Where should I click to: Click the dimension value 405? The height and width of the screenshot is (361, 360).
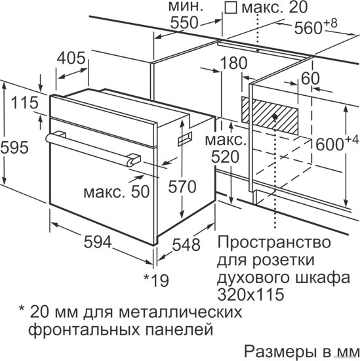click(71, 58)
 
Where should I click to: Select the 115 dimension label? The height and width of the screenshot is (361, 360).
click(25, 102)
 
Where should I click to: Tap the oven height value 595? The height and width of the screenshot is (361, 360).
click(14, 147)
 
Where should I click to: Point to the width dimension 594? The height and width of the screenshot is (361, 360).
click(98, 242)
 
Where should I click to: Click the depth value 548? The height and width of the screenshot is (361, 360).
click(186, 245)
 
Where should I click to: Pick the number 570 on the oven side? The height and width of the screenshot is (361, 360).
click(182, 186)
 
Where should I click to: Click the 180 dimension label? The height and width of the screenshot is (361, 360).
click(233, 63)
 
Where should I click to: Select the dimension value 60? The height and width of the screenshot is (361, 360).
click(311, 78)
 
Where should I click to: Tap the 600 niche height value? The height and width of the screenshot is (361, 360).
click(330, 144)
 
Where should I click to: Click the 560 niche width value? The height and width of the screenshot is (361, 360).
click(308, 28)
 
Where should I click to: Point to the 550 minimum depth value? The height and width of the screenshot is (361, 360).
click(184, 23)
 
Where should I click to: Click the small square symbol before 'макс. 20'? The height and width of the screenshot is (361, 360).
click(231, 9)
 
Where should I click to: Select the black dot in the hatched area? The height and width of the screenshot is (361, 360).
click(275, 117)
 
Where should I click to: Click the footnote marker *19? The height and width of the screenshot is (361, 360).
click(156, 280)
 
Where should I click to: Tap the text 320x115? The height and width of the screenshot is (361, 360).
click(250, 294)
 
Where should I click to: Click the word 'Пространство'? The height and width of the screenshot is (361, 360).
click(274, 243)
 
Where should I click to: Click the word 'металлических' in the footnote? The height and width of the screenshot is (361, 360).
click(180, 312)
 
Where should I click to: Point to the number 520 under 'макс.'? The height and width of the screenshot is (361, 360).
click(225, 158)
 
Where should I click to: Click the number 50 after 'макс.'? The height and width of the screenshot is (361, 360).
click(140, 192)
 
